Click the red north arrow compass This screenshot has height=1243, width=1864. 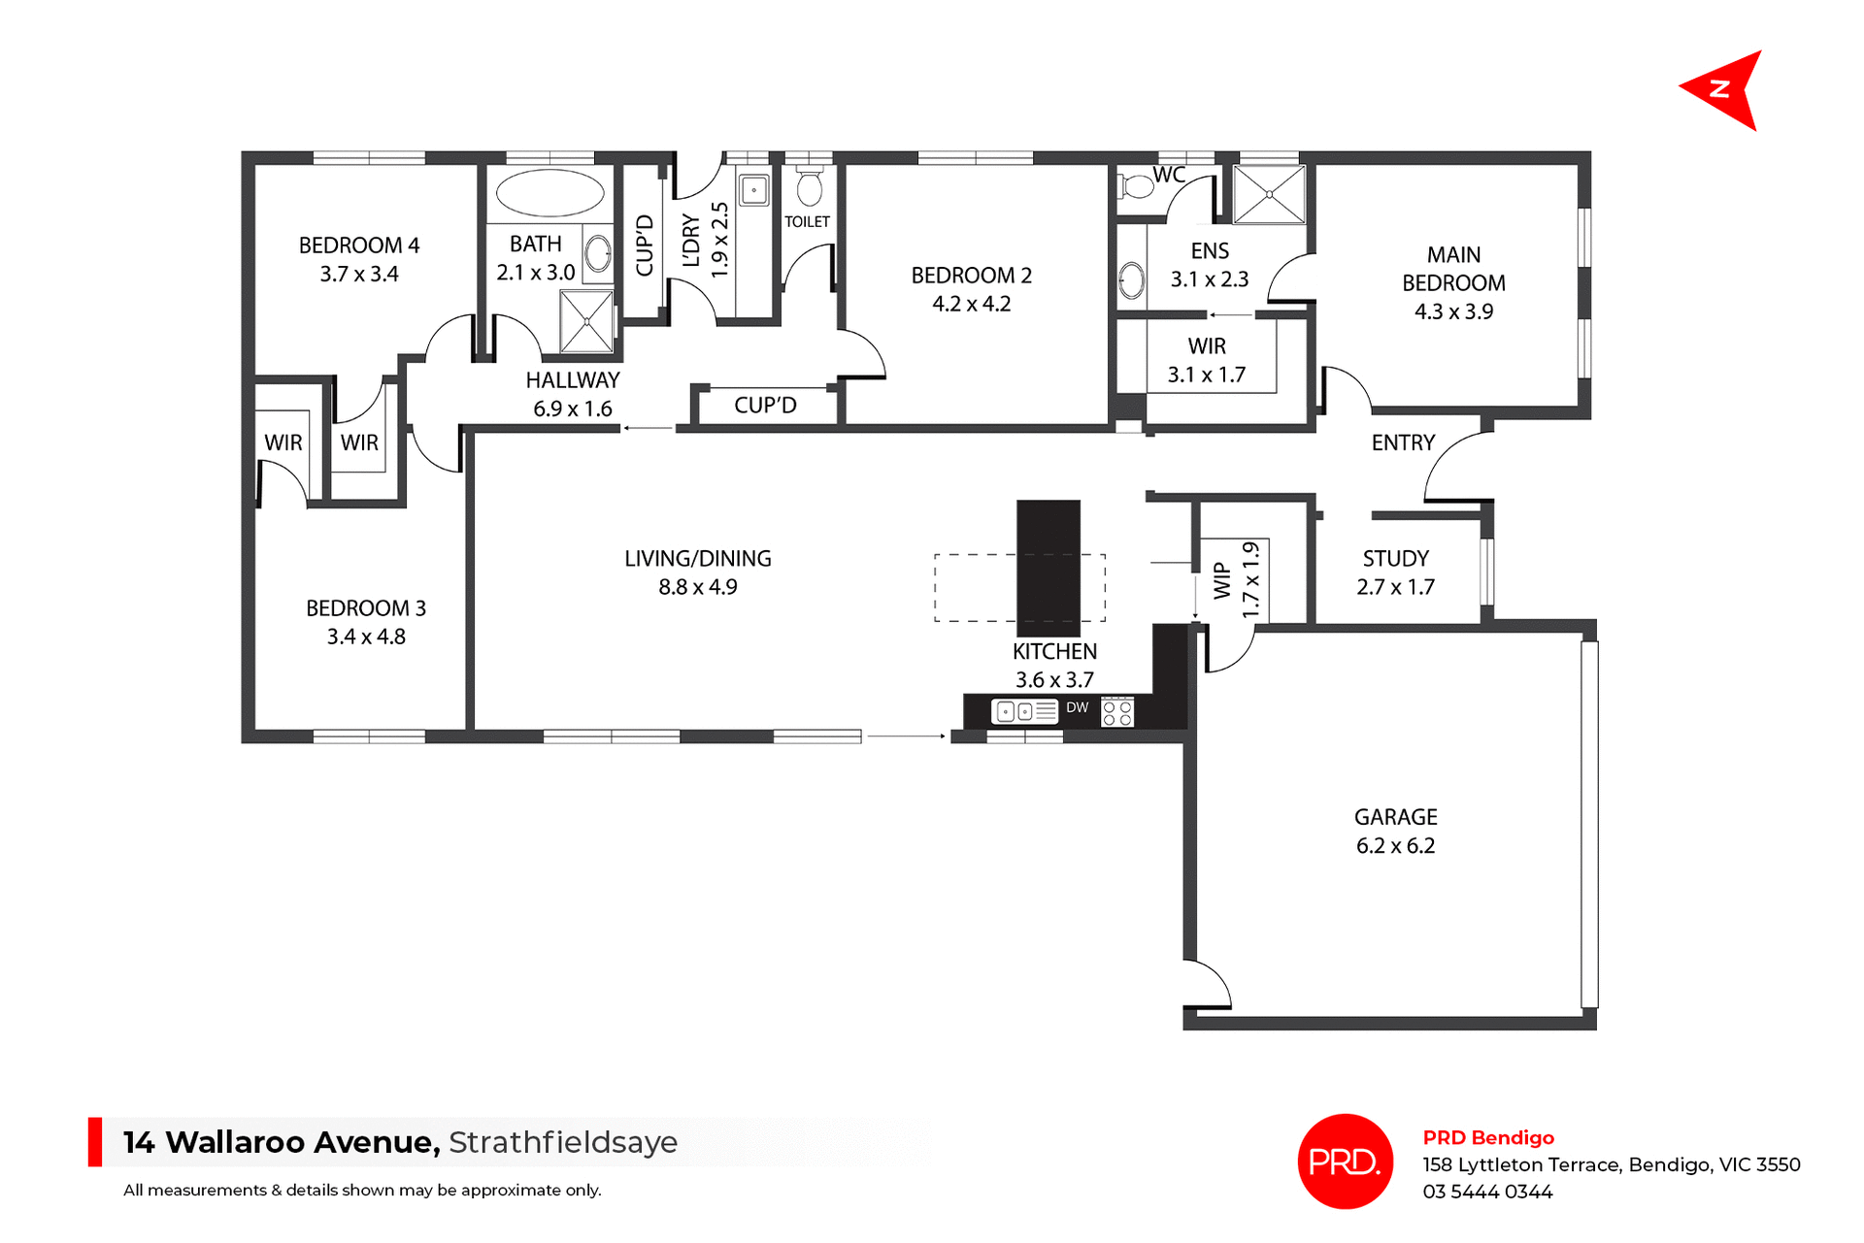1725,89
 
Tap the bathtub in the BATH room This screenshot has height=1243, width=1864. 549,192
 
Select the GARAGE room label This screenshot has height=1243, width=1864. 1395,817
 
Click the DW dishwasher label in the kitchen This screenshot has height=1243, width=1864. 1077,708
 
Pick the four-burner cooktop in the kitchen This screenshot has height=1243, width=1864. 1117,712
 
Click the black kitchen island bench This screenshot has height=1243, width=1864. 1048,568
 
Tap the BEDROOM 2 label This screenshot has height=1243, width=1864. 971,276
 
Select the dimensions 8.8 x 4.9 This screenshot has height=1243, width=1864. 697,587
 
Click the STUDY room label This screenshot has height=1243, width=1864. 1395,559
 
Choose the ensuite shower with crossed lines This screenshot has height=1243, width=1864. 1269,194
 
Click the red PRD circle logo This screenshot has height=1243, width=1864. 1345,1161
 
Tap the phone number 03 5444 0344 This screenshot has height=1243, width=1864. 1487,1192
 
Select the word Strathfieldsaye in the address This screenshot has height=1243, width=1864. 563,1142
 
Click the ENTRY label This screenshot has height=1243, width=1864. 1402,442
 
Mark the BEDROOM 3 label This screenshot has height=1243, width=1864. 366,608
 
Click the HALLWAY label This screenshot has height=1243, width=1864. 572,380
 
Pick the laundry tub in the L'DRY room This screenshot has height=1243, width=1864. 753,189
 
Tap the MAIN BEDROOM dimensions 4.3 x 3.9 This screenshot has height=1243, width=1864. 1453,311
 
